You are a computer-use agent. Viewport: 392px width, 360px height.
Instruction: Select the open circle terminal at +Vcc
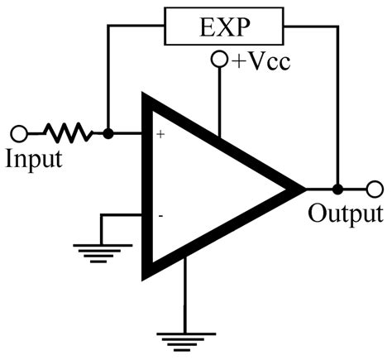(219, 60)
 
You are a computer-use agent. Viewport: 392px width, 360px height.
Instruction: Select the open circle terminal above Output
(375, 188)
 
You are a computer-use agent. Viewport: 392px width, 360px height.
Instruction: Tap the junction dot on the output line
(337, 188)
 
